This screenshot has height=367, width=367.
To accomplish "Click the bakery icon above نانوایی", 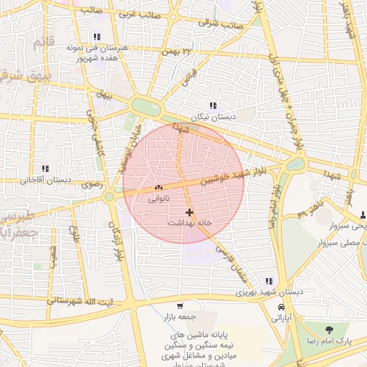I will pos(158,188).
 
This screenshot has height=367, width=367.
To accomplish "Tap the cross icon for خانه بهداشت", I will pos(189,212).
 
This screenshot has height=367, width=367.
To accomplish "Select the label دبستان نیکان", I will pos(212,117).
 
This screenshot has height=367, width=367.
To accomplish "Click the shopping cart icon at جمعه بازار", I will pos(189,305).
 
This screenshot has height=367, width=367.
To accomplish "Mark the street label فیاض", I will pos(189,77).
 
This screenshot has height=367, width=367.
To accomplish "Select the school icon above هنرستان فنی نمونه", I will pos(97,37).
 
